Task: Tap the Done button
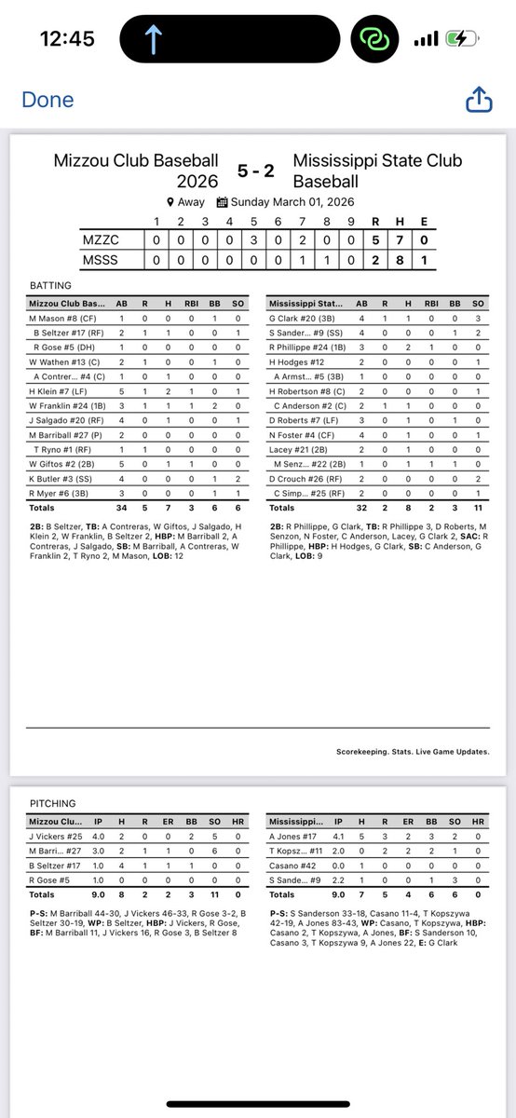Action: (48, 100)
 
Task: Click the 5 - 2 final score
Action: (255, 170)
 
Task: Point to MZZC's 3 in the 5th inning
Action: (253, 239)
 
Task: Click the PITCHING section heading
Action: (51, 803)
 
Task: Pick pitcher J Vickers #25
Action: (55, 837)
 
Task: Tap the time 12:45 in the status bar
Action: (69, 39)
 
